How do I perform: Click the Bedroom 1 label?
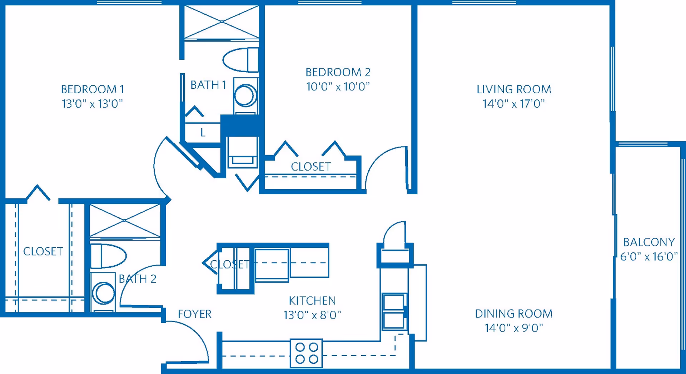pyautogui.click(x=92, y=89)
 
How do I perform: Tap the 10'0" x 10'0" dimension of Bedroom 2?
pyautogui.click(x=338, y=87)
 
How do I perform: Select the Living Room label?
pyautogui.click(x=514, y=89)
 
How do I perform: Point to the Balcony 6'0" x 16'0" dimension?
pyautogui.click(x=648, y=256)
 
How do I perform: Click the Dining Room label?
pyautogui.click(x=513, y=314)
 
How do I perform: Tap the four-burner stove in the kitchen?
pyautogui.click(x=306, y=353)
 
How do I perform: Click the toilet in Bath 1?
pyautogui.click(x=240, y=60)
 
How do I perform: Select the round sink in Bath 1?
pyautogui.click(x=245, y=95)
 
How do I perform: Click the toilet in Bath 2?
pyautogui.click(x=108, y=256)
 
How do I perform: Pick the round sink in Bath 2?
pyautogui.click(x=103, y=293)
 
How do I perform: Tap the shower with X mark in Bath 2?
pyautogui.click(x=124, y=220)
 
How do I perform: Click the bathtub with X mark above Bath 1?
pyautogui.click(x=222, y=22)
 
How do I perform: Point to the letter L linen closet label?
pyautogui.click(x=203, y=133)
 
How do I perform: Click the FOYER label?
pyautogui.click(x=194, y=314)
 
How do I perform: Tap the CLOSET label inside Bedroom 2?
pyautogui.click(x=310, y=167)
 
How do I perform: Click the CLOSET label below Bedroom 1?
pyautogui.click(x=43, y=251)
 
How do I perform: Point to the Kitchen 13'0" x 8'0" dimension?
pyautogui.click(x=312, y=315)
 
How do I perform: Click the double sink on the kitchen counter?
pyautogui.click(x=394, y=311)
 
